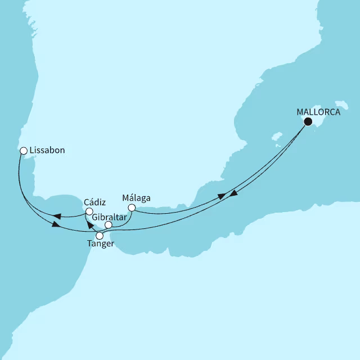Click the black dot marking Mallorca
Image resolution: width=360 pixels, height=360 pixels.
pos(308,121)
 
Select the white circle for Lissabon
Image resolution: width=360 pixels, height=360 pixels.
pos(23,151)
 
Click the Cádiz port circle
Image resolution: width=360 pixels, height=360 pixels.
pos(89,211)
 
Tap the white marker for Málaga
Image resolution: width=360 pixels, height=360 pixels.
pos(131,208)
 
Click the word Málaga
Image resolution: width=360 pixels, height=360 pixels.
pos(136,198)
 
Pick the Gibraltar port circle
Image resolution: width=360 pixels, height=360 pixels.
pos(109,225)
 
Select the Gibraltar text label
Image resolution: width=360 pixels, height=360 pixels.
pos(110,217)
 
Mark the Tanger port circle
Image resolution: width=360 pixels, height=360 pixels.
pos(100,235)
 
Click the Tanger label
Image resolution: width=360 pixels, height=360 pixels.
pos(101,244)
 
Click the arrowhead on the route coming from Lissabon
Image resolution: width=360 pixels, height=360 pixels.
pos(55,226)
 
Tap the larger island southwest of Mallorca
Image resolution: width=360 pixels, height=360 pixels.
pos(276,137)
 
